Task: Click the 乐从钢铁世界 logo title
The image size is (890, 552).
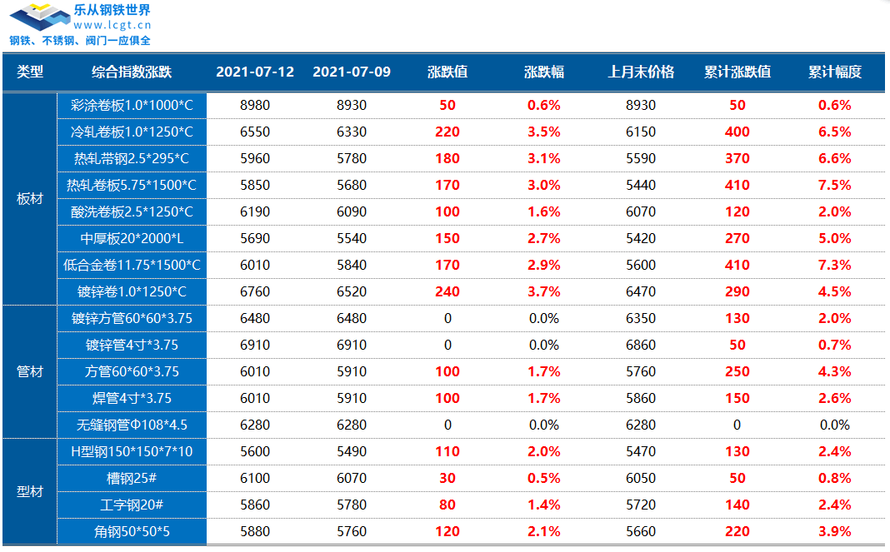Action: tap(112, 11)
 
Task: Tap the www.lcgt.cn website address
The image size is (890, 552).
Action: tap(112, 25)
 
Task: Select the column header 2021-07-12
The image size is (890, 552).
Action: tap(254, 72)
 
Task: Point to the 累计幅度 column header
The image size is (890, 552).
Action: tap(834, 72)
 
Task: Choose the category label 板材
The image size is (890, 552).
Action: tap(30, 198)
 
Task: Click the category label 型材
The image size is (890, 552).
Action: tap(30, 491)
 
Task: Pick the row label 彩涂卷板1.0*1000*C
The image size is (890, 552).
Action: tap(132, 105)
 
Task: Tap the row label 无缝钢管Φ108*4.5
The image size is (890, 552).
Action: tap(132, 425)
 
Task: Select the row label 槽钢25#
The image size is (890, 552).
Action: tap(132, 478)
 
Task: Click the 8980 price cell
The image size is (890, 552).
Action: tap(254, 105)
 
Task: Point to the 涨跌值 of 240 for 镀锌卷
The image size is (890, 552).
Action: tap(447, 291)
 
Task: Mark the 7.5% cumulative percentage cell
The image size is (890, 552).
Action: tap(834, 185)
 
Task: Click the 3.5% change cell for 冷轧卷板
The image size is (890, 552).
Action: tap(543, 132)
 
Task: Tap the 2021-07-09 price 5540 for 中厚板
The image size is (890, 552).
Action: tap(351, 238)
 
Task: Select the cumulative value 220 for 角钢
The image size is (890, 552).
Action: tap(737, 531)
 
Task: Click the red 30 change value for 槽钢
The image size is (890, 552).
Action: tap(447, 478)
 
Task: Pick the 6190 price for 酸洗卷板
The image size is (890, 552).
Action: tap(254, 211)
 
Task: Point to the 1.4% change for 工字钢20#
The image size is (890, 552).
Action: tap(543, 505)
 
